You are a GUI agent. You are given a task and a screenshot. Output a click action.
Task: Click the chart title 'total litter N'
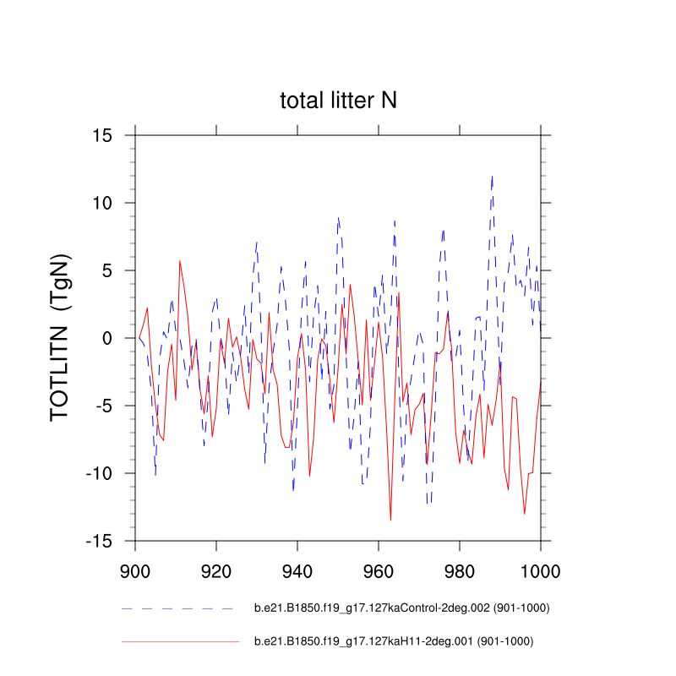pyautogui.click(x=338, y=101)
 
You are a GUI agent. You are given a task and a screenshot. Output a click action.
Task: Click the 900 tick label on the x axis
pyautogui.click(x=135, y=570)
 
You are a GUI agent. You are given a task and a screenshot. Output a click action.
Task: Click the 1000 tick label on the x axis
pyautogui.click(x=539, y=570)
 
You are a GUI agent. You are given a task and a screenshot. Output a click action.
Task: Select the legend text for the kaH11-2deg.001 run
pyautogui.click(x=393, y=641)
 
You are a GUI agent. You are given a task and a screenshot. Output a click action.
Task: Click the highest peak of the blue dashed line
pyautogui.click(x=492, y=176)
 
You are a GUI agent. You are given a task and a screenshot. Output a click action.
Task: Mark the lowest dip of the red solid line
pyautogui.click(x=390, y=520)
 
